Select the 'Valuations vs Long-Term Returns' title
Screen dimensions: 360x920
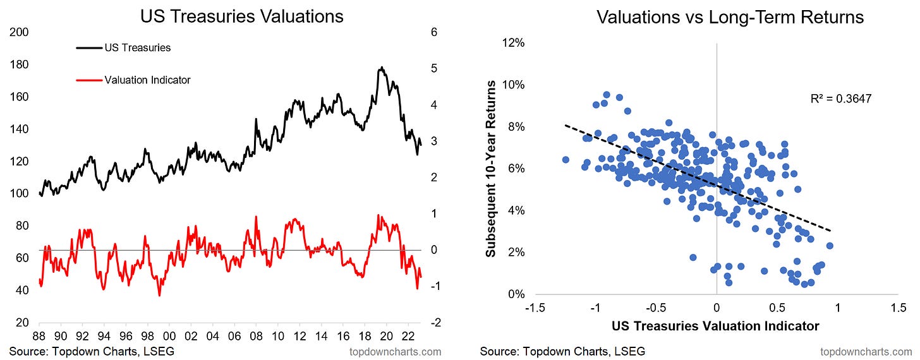[730, 17]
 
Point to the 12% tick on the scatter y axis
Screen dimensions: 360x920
[514, 43]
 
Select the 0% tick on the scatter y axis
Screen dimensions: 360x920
[516, 294]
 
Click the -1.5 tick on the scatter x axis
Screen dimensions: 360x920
[534, 308]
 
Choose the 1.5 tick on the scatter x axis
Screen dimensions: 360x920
[898, 308]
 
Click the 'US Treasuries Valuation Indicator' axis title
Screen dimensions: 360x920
[716, 326]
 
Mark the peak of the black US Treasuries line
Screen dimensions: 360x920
[381, 67]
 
